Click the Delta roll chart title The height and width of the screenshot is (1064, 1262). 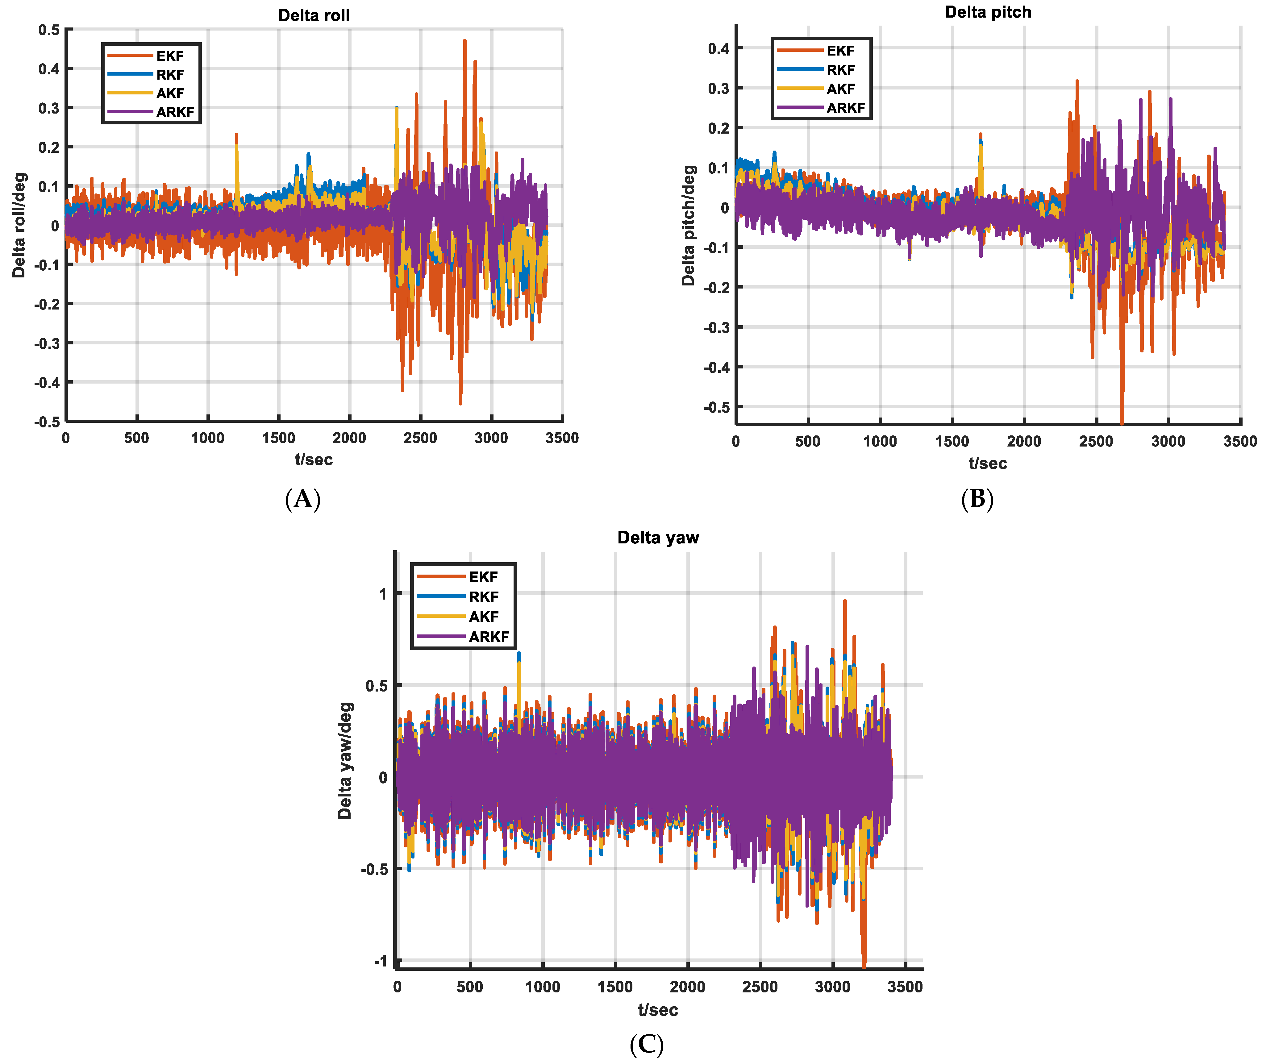(314, 16)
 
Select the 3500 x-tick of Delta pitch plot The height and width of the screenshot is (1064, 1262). (1240, 442)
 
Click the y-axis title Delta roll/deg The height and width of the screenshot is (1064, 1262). (19, 225)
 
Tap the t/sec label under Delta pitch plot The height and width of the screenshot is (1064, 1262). (988, 463)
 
